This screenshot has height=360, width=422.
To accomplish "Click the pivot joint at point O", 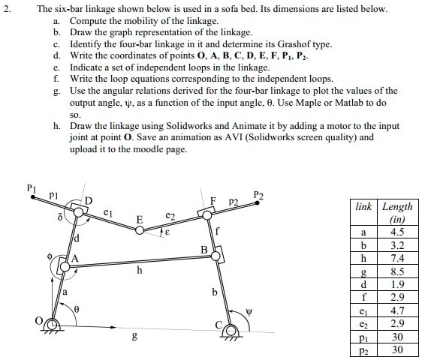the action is pos(51,324).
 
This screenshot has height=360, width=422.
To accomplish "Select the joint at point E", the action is pos(142,231).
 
